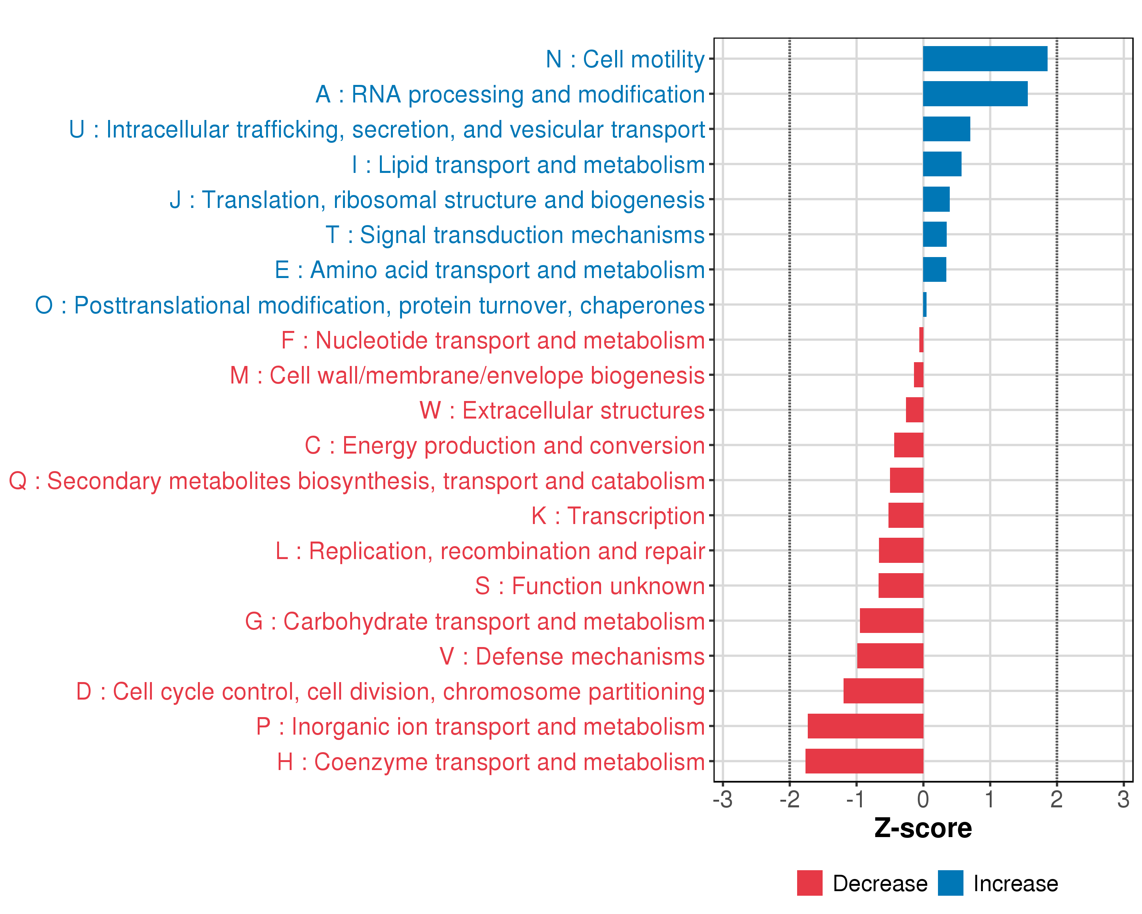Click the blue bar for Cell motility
tap(985, 59)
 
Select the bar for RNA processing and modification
tap(975, 94)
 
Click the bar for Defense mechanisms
tap(890, 656)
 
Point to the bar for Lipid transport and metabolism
tap(942, 164)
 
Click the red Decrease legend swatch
tap(809, 883)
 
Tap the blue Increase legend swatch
tap(950, 883)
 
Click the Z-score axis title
tap(923, 828)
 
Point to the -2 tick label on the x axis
tap(789, 799)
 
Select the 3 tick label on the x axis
tap(1123, 799)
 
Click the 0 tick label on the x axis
tap(923, 799)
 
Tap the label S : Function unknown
tap(590, 586)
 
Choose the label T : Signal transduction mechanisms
tap(515, 235)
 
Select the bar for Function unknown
tap(900, 585)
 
